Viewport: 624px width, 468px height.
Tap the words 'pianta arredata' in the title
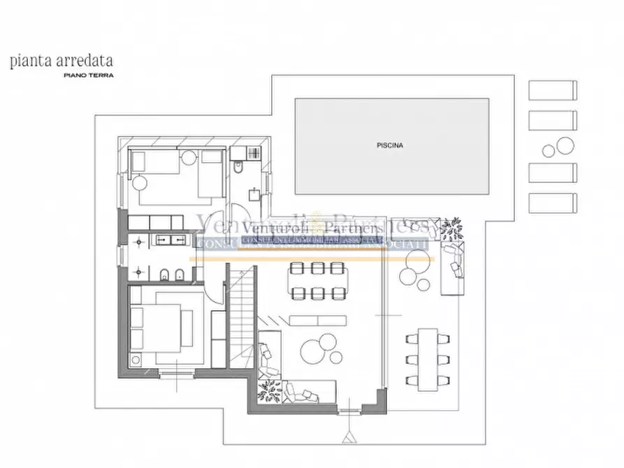(x=61, y=61)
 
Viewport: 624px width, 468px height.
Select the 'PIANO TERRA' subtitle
(x=88, y=74)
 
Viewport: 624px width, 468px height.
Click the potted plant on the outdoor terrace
(x=451, y=228)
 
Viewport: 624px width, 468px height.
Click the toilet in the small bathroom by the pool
(x=238, y=168)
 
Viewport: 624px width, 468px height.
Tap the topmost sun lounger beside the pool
(x=553, y=91)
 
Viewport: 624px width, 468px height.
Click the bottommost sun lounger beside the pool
(x=553, y=204)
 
